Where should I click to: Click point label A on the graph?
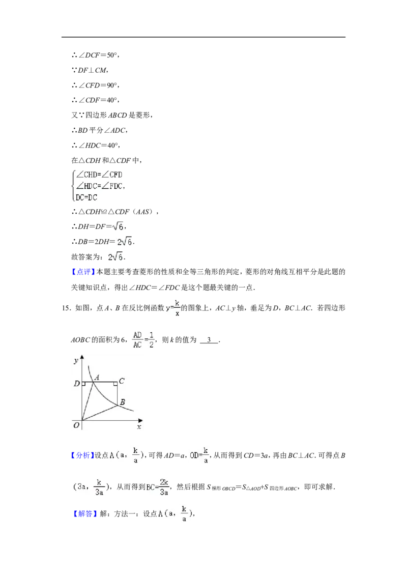click(97, 377)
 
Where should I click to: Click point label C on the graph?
click(122, 381)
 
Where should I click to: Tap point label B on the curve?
click(122, 402)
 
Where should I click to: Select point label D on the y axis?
click(76, 384)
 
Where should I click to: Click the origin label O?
click(76, 425)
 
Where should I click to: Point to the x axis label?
click(139, 427)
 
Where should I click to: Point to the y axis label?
click(76, 360)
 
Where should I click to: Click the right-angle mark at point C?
click(115, 384)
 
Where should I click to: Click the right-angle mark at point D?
click(84, 384)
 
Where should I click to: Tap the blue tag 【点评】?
click(83, 272)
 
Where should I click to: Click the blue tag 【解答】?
click(85, 513)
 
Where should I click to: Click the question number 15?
click(66, 308)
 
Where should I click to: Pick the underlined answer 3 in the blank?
click(209, 340)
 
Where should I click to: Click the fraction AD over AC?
click(137, 340)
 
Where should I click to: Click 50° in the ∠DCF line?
click(111, 55)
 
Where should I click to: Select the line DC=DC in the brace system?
click(86, 197)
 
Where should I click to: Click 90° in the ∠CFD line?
click(111, 85)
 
